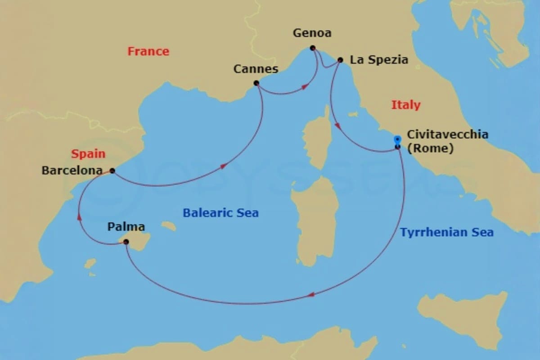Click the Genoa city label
point(312,33)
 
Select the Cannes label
point(256,69)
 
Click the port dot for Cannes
point(256,83)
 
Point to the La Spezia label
point(379,60)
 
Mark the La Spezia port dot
point(340,60)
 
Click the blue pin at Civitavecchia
point(397,140)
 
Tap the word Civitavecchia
point(447,135)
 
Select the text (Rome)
point(430,148)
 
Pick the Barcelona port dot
point(112,171)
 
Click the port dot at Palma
point(126,242)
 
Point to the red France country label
point(148,51)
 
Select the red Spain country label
point(88,154)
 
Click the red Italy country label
point(405,105)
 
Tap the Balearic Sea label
point(220,213)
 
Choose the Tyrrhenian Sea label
point(447,233)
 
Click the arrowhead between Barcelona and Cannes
point(224,166)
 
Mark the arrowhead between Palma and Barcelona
point(79,217)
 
